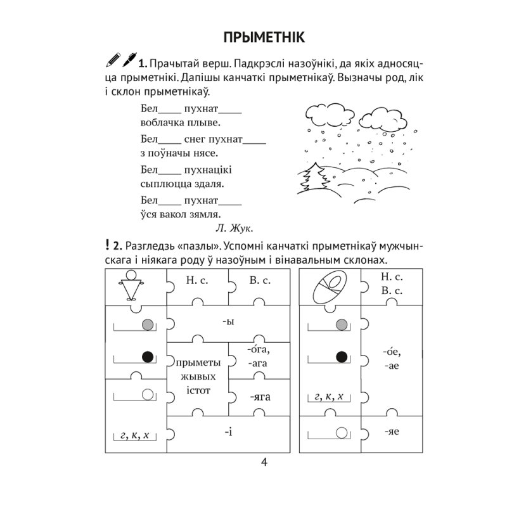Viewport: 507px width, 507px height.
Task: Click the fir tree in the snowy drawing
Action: click(314, 177)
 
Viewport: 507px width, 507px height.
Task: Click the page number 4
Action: click(264, 461)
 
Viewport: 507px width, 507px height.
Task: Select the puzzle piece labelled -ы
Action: click(229, 321)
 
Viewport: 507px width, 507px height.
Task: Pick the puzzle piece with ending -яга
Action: click(259, 397)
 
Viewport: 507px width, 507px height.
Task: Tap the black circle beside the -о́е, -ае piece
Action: click(343, 357)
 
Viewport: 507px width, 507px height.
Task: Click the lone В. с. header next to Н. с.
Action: click(259, 279)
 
